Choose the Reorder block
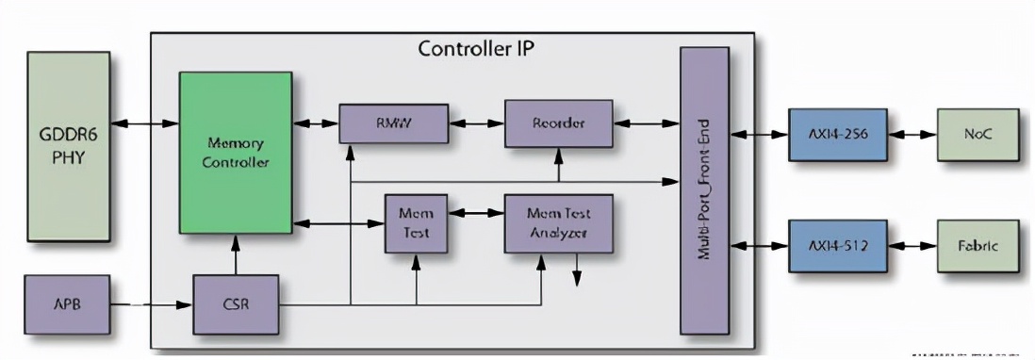(558, 123)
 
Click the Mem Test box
(416, 223)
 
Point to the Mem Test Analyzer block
(559, 223)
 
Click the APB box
(68, 304)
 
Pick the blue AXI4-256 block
(837, 136)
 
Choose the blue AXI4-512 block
(837, 246)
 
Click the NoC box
(977, 136)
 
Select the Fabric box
(977, 246)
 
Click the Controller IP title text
(476, 49)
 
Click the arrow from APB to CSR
(152, 304)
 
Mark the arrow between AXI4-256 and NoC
(911, 136)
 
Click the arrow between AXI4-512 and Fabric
(911, 246)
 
